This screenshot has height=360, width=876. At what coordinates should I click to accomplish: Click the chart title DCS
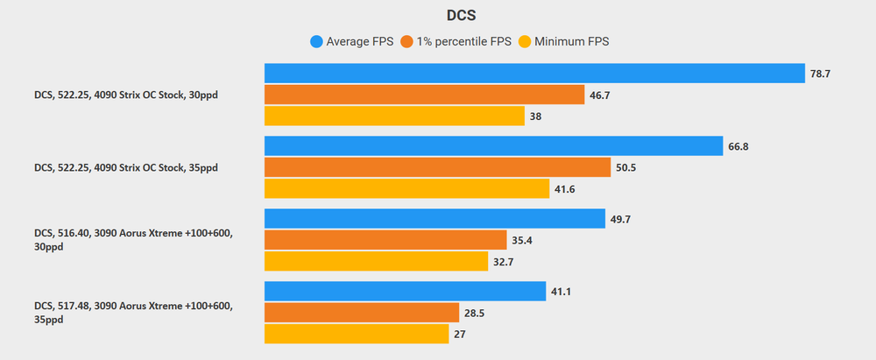pos(438,15)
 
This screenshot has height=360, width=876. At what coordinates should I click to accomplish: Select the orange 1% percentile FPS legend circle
pos(406,41)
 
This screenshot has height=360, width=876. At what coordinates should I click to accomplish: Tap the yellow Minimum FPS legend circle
pos(526,41)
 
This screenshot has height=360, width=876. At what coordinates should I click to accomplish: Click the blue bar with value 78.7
pos(534,74)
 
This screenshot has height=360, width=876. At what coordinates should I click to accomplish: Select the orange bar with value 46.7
pos(424,95)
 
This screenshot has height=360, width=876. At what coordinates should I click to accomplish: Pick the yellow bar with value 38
pos(394,116)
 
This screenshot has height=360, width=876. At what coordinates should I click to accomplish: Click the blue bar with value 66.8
pos(493,146)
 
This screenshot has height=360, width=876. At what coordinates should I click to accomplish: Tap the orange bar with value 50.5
pos(437,167)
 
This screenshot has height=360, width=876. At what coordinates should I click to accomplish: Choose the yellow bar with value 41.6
pos(406,188)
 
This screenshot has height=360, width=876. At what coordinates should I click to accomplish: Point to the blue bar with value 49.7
pos(434,219)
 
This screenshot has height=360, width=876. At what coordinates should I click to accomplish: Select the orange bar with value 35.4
pos(385,240)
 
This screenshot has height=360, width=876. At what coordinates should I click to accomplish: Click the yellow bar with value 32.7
pos(376,261)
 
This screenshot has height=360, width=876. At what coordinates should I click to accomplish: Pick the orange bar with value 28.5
pos(362,313)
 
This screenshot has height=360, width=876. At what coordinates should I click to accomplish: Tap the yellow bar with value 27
pos(357,334)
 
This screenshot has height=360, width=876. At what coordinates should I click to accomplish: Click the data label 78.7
pos(820,74)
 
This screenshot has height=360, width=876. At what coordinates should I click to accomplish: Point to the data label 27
pos(461,335)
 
